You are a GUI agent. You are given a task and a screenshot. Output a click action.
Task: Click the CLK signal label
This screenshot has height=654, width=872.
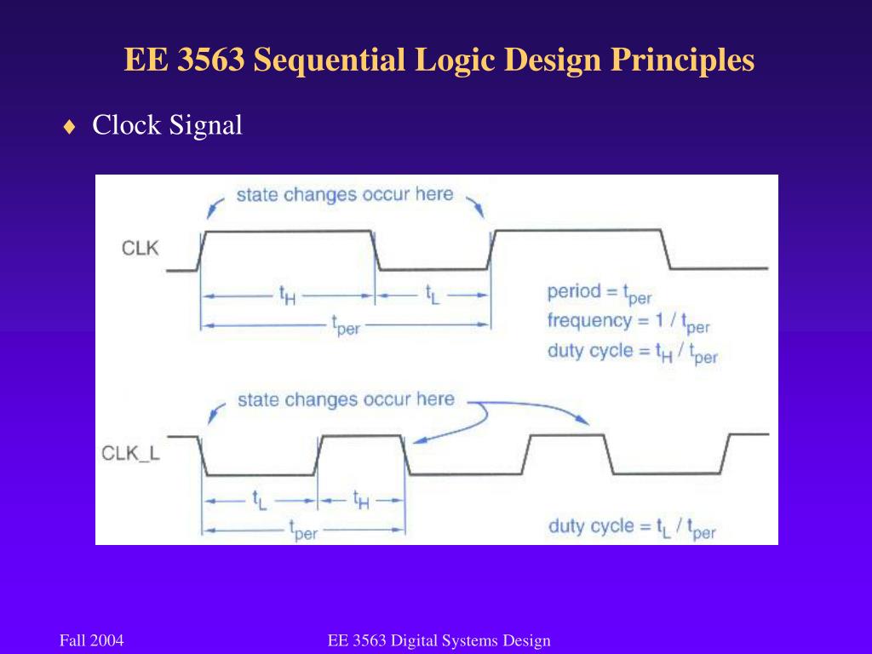(x=141, y=249)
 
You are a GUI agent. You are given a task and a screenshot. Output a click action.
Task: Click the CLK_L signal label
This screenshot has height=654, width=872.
(x=130, y=452)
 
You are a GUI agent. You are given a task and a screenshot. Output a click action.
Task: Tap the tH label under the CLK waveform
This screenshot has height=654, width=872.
(x=289, y=295)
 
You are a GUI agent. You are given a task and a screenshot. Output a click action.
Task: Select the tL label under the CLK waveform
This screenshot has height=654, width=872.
(x=433, y=295)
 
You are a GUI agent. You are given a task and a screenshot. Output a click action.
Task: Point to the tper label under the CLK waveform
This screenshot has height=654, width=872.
(x=345, y=324)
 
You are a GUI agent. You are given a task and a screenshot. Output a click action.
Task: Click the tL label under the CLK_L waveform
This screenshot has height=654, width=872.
(x=259, y=499)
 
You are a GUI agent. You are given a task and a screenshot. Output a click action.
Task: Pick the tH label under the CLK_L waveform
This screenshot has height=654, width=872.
(x=362, y=499)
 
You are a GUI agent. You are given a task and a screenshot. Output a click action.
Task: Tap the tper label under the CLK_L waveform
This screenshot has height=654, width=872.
(x=303, y=531)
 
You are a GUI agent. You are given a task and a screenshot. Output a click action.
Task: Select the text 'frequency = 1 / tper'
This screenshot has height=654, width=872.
(x=628, y=322)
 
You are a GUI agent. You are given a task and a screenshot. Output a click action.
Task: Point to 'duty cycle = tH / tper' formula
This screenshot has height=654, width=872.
(x=633, y=353)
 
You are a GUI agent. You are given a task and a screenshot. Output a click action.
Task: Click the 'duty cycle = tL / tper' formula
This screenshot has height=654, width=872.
(x=632, y=527)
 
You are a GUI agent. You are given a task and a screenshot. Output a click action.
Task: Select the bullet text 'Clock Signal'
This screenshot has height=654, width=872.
(x=167, y=125)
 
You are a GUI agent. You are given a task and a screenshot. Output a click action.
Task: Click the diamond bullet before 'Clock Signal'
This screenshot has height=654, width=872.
(x=69, y=127)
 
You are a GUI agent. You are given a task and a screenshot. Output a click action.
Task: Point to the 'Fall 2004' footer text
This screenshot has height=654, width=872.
(x=92, y=640)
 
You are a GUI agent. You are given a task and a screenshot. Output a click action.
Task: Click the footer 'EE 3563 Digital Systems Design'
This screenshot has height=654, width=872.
(x=439, y=640)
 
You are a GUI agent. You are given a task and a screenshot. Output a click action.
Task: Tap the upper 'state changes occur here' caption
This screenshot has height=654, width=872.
(x=344, y=194)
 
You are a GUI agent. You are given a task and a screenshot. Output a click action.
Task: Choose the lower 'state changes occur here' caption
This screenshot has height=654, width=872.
(x=346, y=399)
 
